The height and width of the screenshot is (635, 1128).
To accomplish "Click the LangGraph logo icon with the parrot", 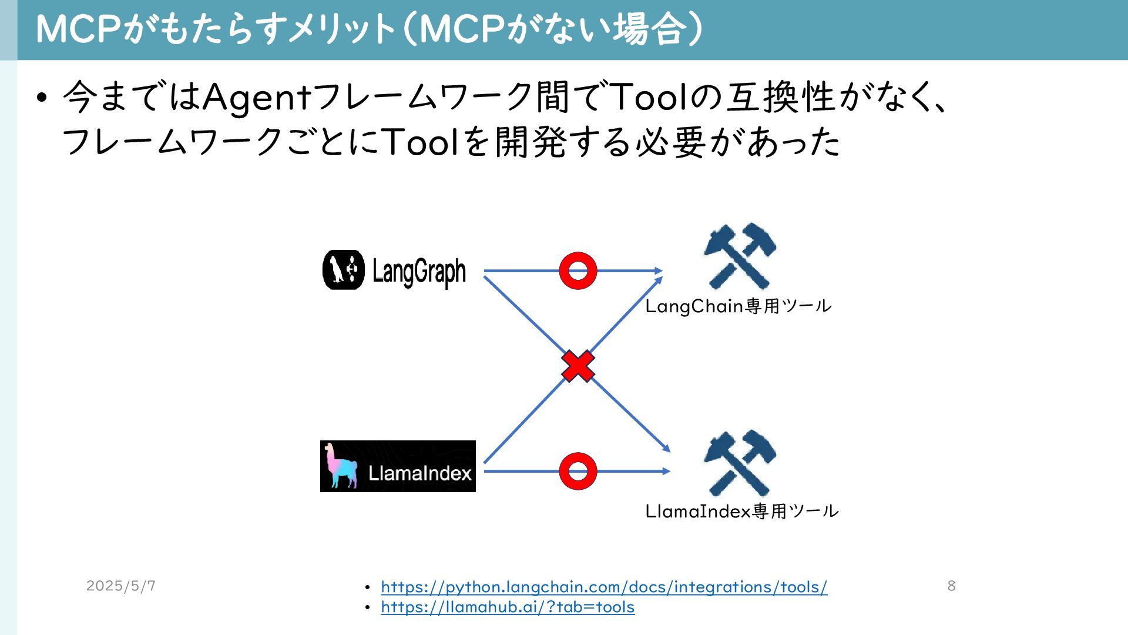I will pyautogui.click(x=344, y=270).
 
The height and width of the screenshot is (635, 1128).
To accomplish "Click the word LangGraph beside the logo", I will pyautogui.click(x=419, y=272).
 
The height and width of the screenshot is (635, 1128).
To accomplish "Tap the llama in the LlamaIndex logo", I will pyautogui.click(x=341, y=466).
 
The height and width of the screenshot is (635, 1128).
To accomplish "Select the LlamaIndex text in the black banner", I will pyautogui.click(x=420, y=473).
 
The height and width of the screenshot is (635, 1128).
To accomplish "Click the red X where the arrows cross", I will pyautogui.click(x=578, y=366).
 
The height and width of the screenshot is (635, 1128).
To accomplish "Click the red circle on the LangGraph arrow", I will pyautogui.click(x=578, y=271).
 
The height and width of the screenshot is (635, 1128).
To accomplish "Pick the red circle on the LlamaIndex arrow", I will pyautogui.click(x=578, y=471).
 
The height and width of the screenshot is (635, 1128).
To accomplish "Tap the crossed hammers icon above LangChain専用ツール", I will pyautogui.click(x=740, y=256).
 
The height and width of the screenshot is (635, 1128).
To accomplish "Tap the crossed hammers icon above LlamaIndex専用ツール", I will pyautogui.click(x=740, y=463).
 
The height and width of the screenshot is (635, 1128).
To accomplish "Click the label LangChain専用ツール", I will pyautogui.click(x=738, y=306).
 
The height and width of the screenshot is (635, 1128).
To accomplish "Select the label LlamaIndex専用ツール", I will pyautogui.click(x=742, y=512).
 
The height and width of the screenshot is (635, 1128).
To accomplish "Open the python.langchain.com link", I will pyautogui.click(x=604, y=587).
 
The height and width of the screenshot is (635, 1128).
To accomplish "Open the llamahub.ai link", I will pyautogui.click(x=508, y=607).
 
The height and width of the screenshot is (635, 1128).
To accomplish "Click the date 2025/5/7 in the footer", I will pyautogui.click(x=121, y=586).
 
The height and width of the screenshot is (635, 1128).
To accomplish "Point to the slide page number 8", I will pyautogui.click(x=951, y=586).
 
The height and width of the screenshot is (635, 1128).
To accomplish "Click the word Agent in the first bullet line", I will pyautogui.click(x=256, y=96).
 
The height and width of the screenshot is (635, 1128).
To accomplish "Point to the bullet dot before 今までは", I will pyautogui.click(x=41, y=97).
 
